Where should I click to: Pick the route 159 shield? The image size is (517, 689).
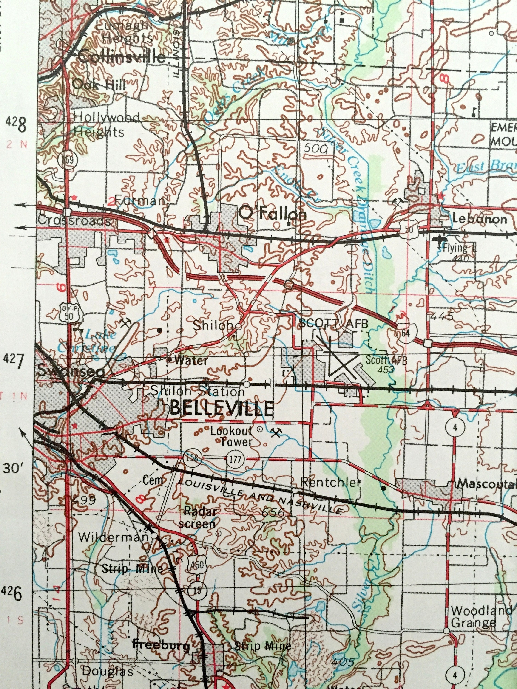pos(68,160)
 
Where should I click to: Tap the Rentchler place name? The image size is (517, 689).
pos(330,483)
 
